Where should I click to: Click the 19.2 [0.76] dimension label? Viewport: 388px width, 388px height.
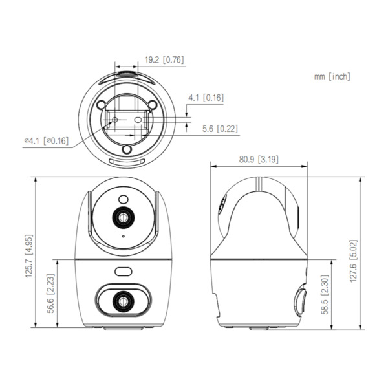pyautogui.click(x=164, y=60)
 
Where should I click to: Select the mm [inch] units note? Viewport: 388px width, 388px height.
pyautogui.click(x=332, y=76)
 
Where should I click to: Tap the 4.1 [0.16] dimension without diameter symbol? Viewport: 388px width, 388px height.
pyautogui.click(x=206, y=98)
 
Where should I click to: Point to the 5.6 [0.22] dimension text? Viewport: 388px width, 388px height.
pyautogui.click(x=218, y=129)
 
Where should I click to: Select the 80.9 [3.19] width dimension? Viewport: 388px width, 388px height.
pyautogui.click(x=259, y=158)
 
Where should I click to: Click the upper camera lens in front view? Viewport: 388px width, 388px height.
pyautogui.click(x=122, y=218)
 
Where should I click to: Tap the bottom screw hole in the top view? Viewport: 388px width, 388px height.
pyautogui.click(x=127, y=149)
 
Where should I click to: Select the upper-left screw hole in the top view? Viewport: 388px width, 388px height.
pyautogui.click(x=100, y=105)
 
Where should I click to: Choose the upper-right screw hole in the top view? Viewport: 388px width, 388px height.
pyautogui.click(x=152, y=105)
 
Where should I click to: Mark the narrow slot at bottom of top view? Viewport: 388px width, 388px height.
pyautogui.click(x=127, y=162)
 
